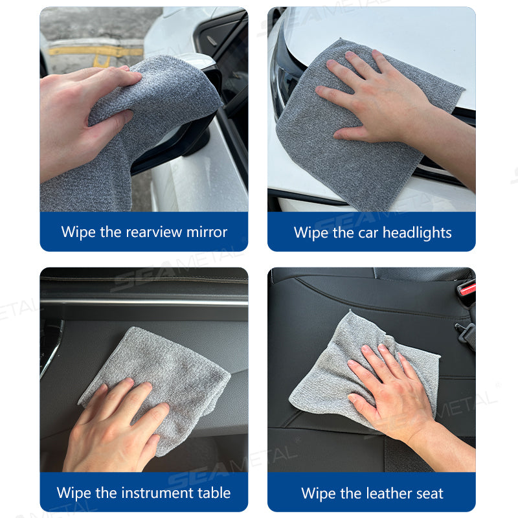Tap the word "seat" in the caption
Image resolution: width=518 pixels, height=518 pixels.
coord(429,493)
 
